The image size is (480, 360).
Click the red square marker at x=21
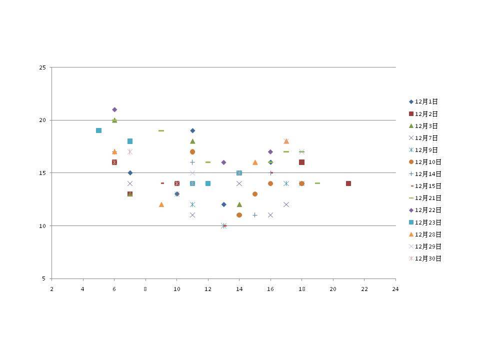point(348,183)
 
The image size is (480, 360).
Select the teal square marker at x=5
point(98,130)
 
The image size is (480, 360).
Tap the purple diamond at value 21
point(114,109)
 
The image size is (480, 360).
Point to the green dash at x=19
point(317,183)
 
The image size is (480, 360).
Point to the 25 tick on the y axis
point(42,67)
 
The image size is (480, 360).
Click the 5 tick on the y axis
point(44,278)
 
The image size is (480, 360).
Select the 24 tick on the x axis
point(395,289)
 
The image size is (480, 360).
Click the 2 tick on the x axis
point(51,289)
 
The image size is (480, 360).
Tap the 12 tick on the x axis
point(208,289)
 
